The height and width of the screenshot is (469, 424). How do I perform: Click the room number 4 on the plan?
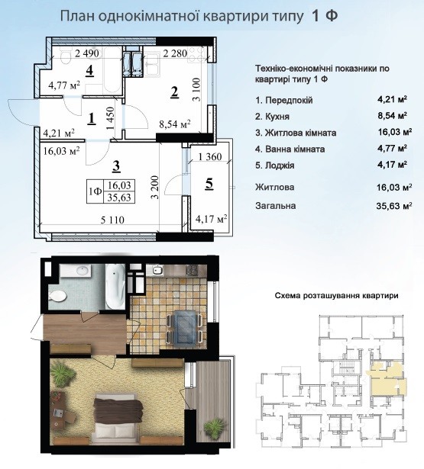pyautogui.click(x=89, y=71)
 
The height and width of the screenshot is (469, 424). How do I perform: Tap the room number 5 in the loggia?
pyautogui.click(x=209, y=184)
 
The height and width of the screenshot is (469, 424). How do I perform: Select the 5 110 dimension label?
pyautogui.click(x=112, y=220)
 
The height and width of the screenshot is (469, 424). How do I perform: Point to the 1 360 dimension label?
pyautogui.click(x=210, y=156)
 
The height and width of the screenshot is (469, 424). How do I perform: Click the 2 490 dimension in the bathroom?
pyautogui.click(x=87, y=53)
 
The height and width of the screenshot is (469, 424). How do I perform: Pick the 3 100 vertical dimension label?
pyautogui.click(x=197, y=89)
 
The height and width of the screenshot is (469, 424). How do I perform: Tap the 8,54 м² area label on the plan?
pyautogui.click(x=175, y=124)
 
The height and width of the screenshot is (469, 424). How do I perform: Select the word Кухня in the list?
pyautogui.click(x=277, y=117)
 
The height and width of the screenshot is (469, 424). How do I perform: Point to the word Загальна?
pyautogui.click(x=275, y=206)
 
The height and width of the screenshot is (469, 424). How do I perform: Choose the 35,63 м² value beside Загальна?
pyautogui.click(x=393, y=206)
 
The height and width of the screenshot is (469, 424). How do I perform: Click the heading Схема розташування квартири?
pyautogui.click(x=336, y=296)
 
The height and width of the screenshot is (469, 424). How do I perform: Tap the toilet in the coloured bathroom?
pyautogui.click(x=57, y=297)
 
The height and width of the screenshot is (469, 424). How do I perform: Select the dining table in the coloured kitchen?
pyautogui.click(x=184, y=327)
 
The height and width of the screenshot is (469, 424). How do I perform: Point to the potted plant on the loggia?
pyautogui.click(x=213, y=427)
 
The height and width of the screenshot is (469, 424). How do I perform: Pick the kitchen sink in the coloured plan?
pyautogui.click(x=157, y=271)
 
